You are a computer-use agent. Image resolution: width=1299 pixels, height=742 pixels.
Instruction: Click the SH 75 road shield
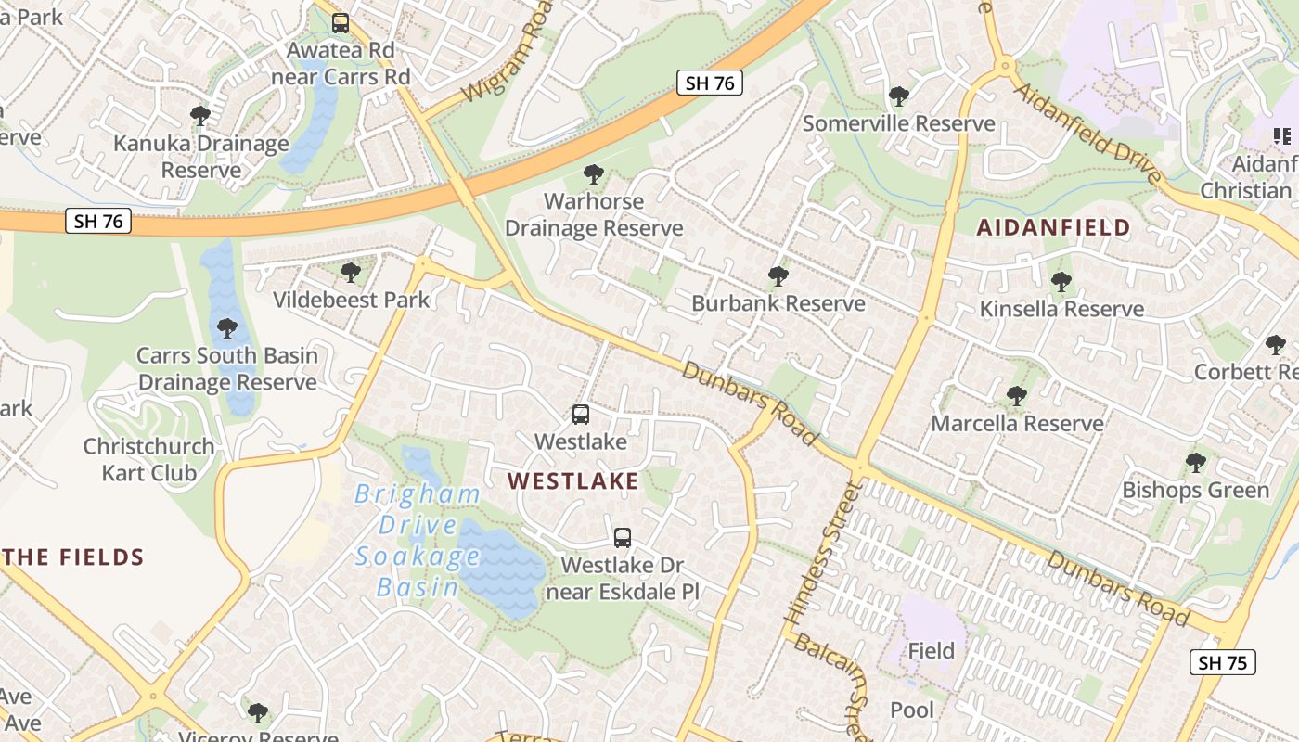click(1222, 662)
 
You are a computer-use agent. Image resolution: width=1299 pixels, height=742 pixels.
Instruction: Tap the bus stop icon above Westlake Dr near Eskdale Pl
click(623, 537)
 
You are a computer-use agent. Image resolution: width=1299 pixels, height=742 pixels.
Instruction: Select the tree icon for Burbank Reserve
click(778, 275)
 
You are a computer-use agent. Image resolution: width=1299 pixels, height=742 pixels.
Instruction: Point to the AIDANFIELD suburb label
click(1054, 227)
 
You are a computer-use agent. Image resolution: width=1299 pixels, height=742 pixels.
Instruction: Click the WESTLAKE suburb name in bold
click(573, 480)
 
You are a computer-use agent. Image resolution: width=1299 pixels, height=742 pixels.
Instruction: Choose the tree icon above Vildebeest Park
click(351, 272)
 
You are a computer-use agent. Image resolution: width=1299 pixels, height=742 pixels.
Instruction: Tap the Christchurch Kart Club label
click(148, 459)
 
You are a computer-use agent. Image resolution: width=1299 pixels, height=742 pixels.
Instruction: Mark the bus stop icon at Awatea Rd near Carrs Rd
click(341, 22)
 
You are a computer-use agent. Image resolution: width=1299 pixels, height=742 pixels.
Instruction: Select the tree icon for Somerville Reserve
click(898, 96)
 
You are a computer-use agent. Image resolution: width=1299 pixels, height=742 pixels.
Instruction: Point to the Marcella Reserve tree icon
click(1017, 396)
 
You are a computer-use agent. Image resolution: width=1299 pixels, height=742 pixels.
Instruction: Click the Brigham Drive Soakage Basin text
click(418, 540)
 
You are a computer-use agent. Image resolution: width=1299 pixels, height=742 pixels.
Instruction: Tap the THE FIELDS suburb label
click(74, 557)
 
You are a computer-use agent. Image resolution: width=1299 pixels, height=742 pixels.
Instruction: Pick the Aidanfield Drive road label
click(1087, 133)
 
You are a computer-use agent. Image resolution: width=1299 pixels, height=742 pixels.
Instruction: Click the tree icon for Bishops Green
click(1196, 462)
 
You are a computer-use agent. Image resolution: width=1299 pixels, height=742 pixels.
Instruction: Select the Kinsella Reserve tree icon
click(1061, 281)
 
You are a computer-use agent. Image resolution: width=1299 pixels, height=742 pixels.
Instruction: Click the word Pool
click(912, 710)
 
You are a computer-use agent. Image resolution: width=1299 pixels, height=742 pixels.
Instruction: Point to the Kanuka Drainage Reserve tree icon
click(200, 116)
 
